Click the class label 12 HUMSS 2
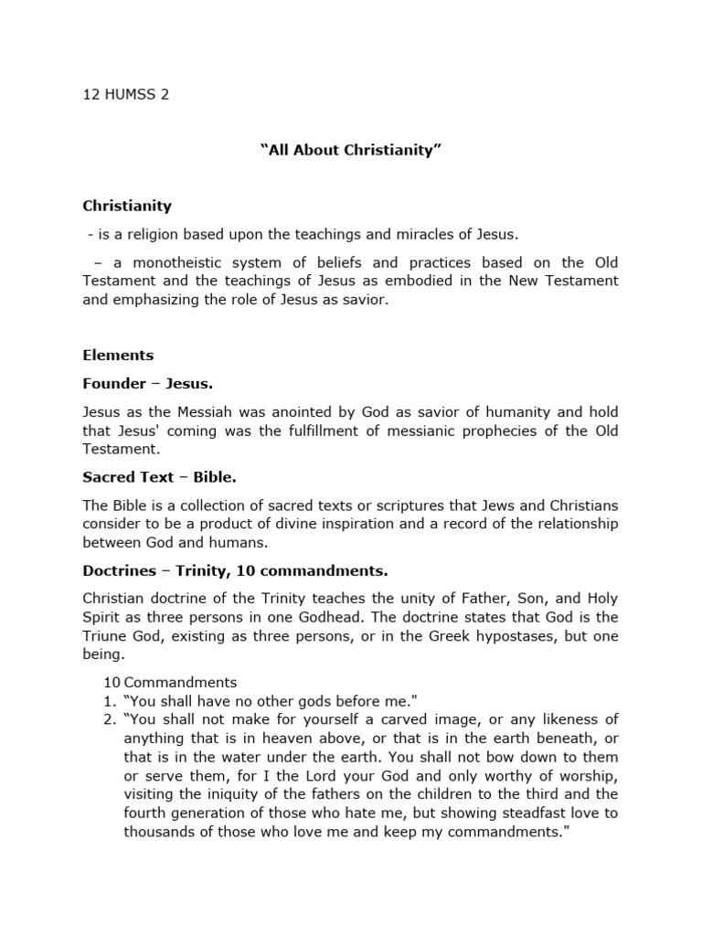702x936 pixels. point(126,94)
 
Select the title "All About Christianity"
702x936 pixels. point(351,150)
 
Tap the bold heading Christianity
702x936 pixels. point(127,206)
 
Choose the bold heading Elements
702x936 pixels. point(118,355)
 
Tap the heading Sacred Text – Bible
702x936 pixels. point(159,477)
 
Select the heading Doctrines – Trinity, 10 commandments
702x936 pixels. point(235,570)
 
